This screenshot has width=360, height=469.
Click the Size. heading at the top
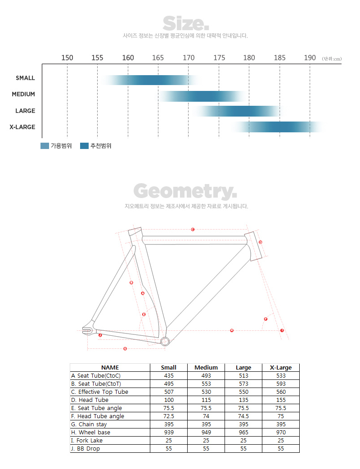[185, 23]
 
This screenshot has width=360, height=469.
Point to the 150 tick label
[67, 58]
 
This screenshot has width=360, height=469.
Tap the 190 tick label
[310, 58]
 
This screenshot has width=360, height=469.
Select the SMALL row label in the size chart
[25, 78]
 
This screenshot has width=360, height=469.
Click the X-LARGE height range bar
[279, 127]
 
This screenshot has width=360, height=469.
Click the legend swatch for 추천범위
[84, 146]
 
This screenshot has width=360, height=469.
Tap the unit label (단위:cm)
[332, 59]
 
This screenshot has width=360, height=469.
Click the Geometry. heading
[185, 192]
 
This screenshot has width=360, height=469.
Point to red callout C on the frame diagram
[193, 230]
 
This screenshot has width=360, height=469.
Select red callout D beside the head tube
[261, 242]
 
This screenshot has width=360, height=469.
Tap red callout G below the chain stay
[125, 348]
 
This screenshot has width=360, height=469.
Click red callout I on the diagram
[282, 330]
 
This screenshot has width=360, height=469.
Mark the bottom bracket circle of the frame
[164, 341]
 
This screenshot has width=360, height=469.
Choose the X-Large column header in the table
[281, 368]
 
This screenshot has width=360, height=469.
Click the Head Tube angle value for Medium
[206, 416]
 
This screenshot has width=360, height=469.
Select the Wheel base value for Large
[243, 433]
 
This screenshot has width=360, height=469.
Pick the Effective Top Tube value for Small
[168, 392]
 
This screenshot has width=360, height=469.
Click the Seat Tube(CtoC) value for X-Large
[281, 376]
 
